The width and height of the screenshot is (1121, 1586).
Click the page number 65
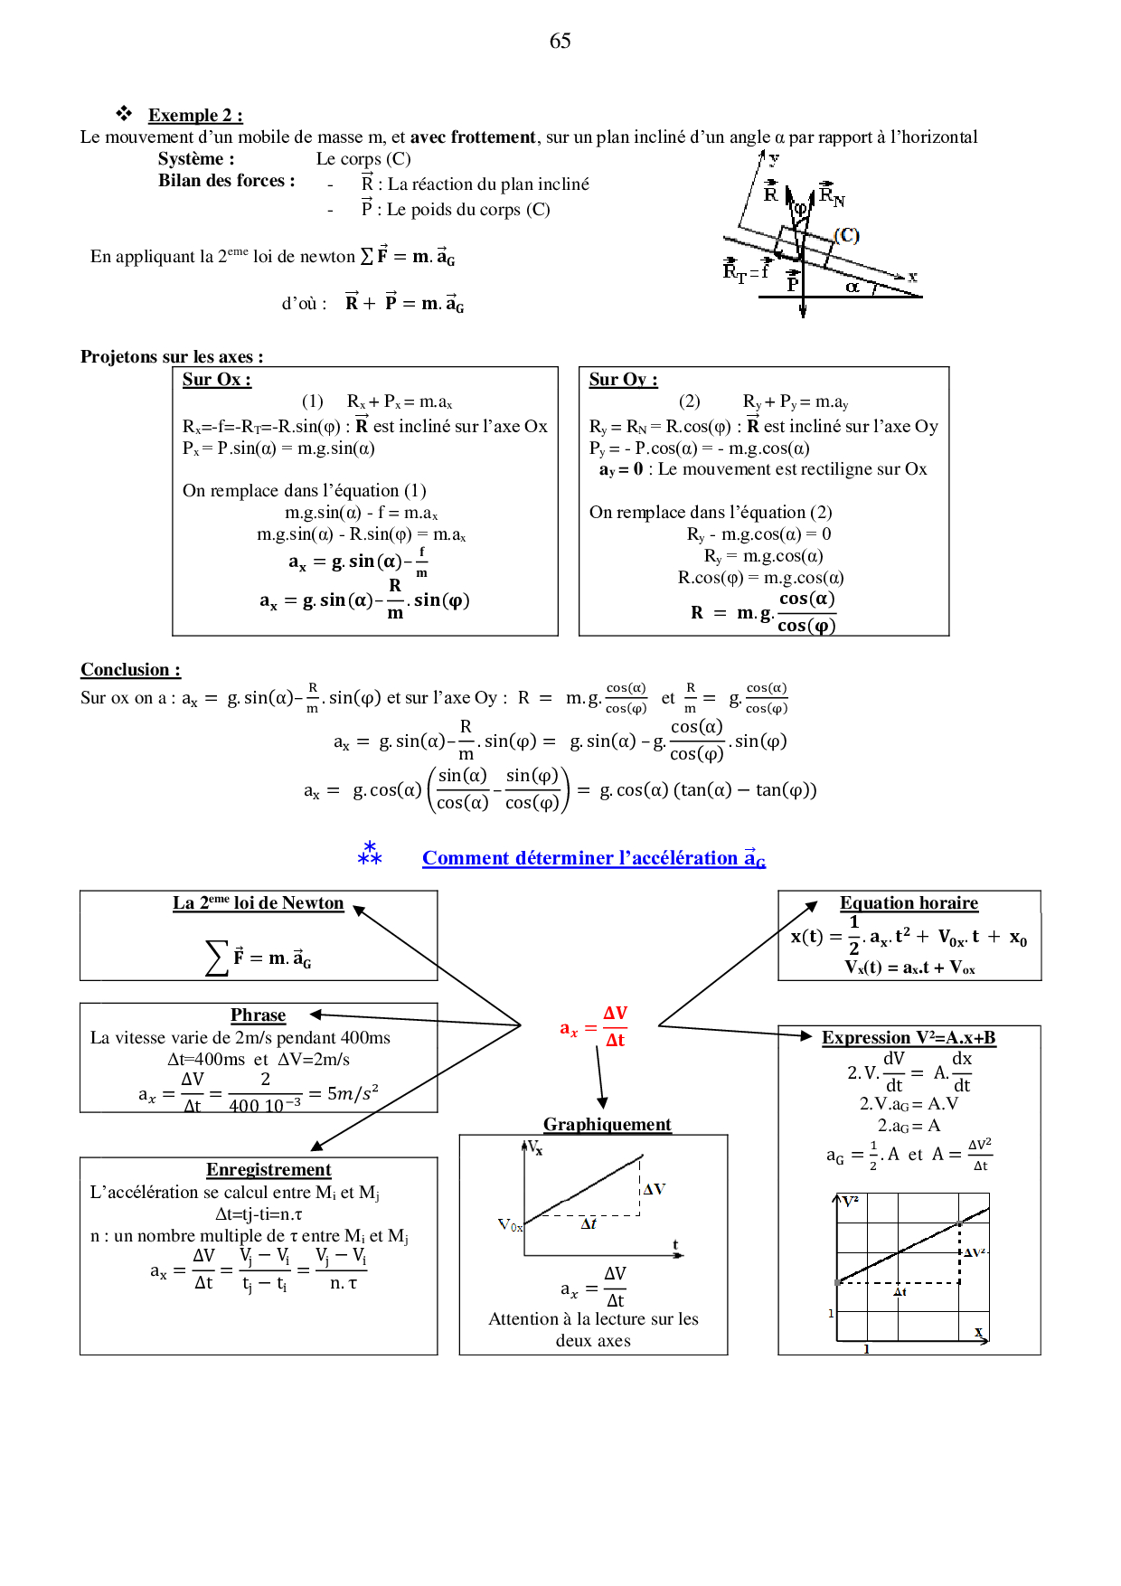560,41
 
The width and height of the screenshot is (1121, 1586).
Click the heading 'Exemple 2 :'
195,115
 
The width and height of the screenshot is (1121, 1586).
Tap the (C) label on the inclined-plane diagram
846,235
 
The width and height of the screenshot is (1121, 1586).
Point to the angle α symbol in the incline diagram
852,287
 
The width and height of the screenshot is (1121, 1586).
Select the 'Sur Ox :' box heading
217,380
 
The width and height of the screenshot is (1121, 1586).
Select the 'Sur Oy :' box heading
623,380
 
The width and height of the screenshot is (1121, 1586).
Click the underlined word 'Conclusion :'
130,670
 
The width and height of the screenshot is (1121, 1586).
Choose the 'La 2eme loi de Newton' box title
259,903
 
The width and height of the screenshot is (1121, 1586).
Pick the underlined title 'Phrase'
258,1015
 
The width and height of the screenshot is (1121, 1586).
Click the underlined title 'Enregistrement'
268,1170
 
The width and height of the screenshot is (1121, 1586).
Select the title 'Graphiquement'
607,1125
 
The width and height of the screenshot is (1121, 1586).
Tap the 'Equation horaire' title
909,903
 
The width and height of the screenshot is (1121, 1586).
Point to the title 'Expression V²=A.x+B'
909,1038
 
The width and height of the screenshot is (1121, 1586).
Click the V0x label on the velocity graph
511,1225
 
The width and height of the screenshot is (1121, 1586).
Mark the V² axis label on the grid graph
851,1202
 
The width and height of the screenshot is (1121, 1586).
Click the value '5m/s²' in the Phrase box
353,1093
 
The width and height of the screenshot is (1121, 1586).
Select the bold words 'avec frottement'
473,137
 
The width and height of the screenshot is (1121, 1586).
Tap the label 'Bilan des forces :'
227,181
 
